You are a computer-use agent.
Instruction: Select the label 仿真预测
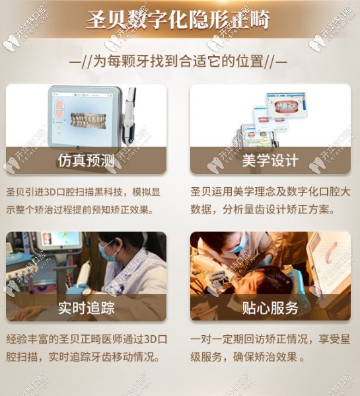click(x=86, y=161)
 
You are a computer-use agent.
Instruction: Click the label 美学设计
click(x=271, y=161)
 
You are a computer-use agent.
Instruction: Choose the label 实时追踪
click(x=86, y=307)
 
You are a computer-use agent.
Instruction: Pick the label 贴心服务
click(x=271, y=307)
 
